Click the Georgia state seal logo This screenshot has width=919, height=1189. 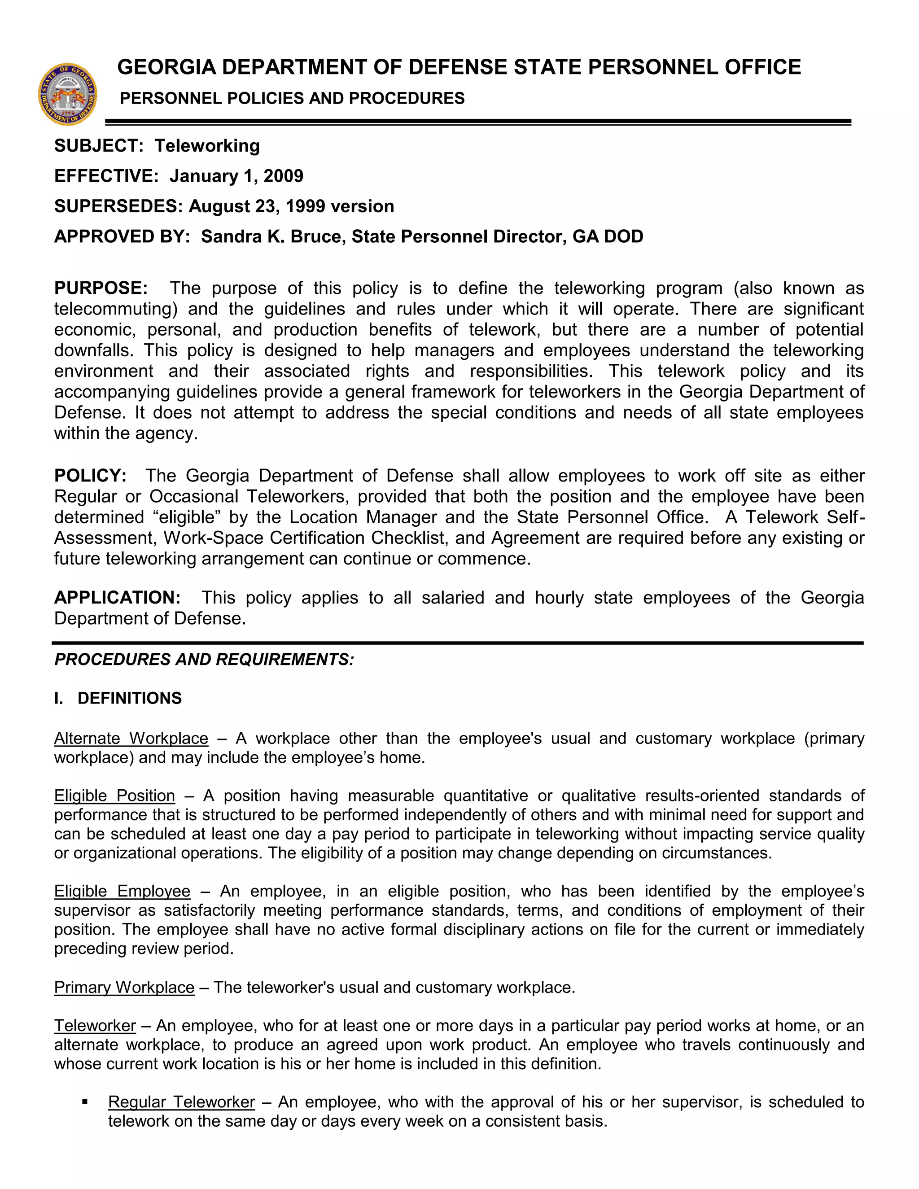67,94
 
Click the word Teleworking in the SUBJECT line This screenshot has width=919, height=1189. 207,146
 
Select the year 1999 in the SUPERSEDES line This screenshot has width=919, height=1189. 306,206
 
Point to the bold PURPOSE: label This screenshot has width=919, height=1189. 101,288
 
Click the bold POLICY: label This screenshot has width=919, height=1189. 90,476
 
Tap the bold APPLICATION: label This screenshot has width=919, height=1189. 117,598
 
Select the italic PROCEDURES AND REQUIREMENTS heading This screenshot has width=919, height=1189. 204,660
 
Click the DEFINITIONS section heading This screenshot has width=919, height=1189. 130,699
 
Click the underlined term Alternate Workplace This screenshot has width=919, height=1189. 131,739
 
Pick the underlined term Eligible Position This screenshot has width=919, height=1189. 114,796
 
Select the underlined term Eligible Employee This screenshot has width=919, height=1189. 123,891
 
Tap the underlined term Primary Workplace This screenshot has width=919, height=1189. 124,988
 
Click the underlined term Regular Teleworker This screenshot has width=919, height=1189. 181,1102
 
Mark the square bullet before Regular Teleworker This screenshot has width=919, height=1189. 84,1102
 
